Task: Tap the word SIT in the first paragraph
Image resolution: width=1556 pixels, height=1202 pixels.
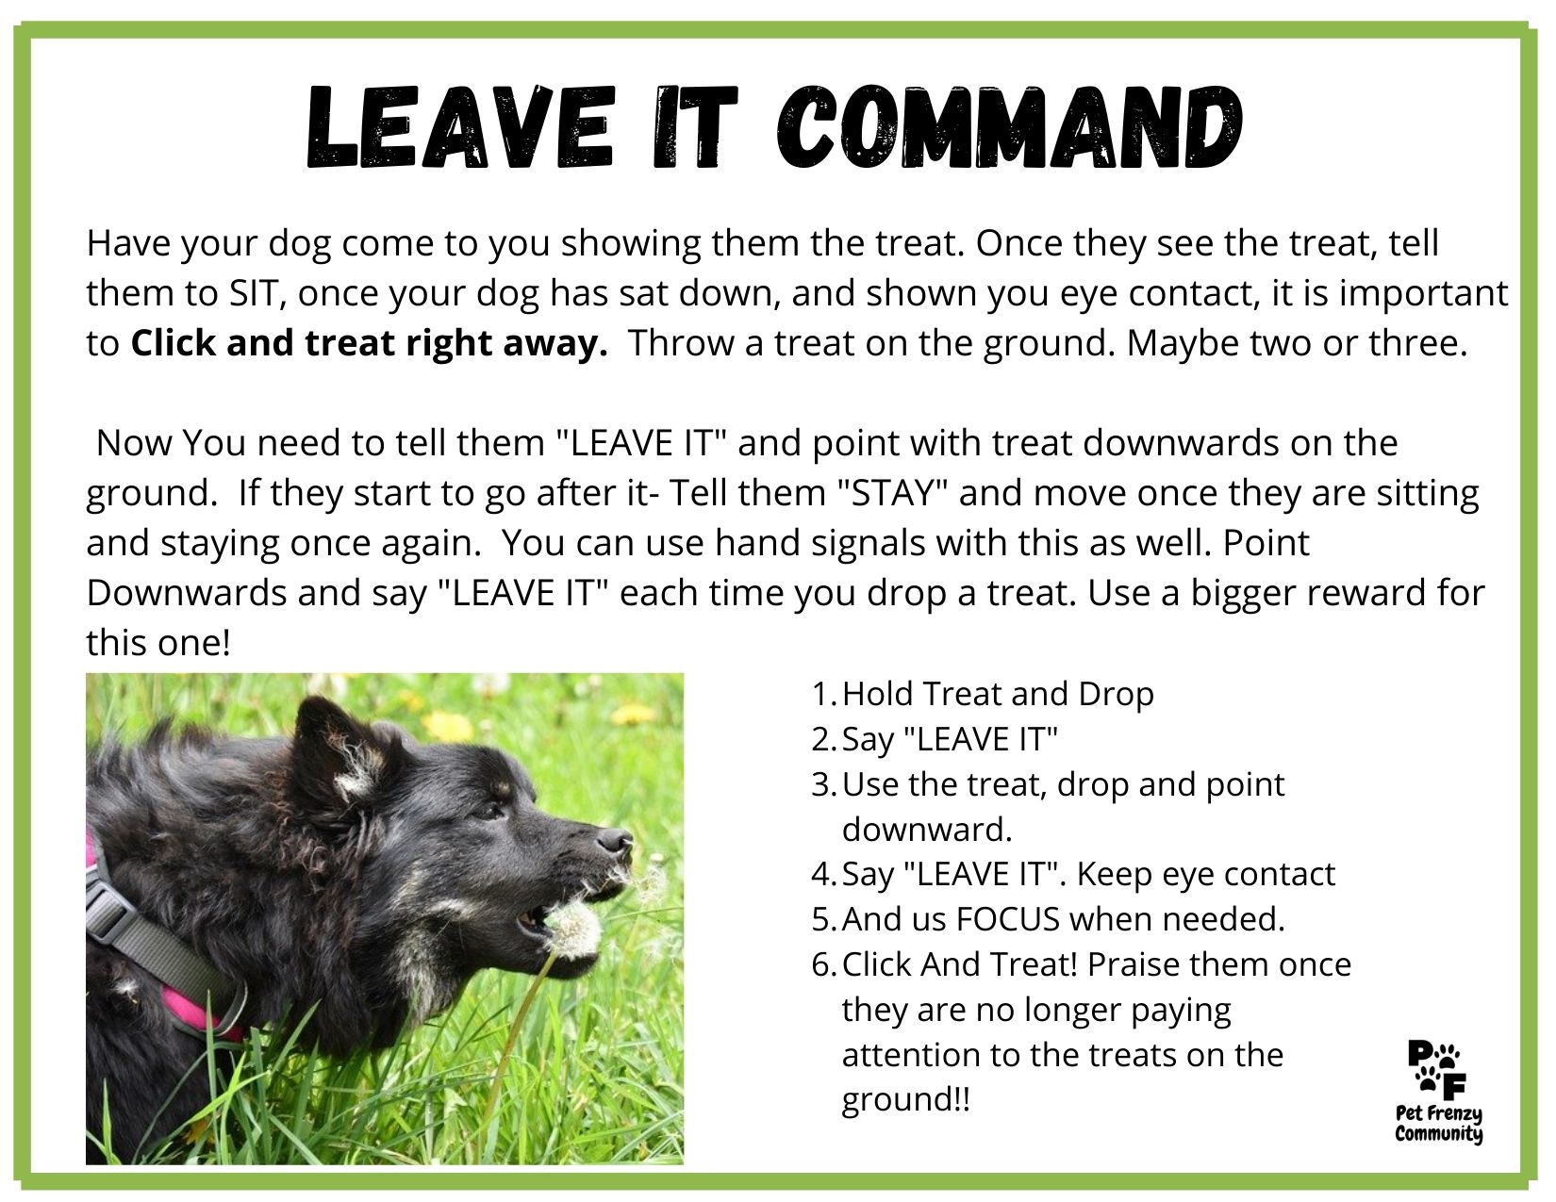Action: point(251,293)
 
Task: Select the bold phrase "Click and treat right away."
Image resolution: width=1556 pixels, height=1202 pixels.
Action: point(369,343)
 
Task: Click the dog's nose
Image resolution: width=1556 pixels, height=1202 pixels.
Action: point(615,840)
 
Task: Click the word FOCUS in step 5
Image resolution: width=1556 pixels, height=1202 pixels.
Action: point(1007,919)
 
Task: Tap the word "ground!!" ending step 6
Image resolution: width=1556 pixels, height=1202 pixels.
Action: point(905,1100)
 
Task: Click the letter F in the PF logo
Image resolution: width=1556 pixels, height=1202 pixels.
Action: point(1451,1087)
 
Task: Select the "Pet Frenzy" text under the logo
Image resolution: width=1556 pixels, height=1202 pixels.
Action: point(1439,1116)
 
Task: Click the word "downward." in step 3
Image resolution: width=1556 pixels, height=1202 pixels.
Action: point(926,830)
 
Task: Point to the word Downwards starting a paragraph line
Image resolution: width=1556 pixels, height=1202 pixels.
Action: point(187,593)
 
